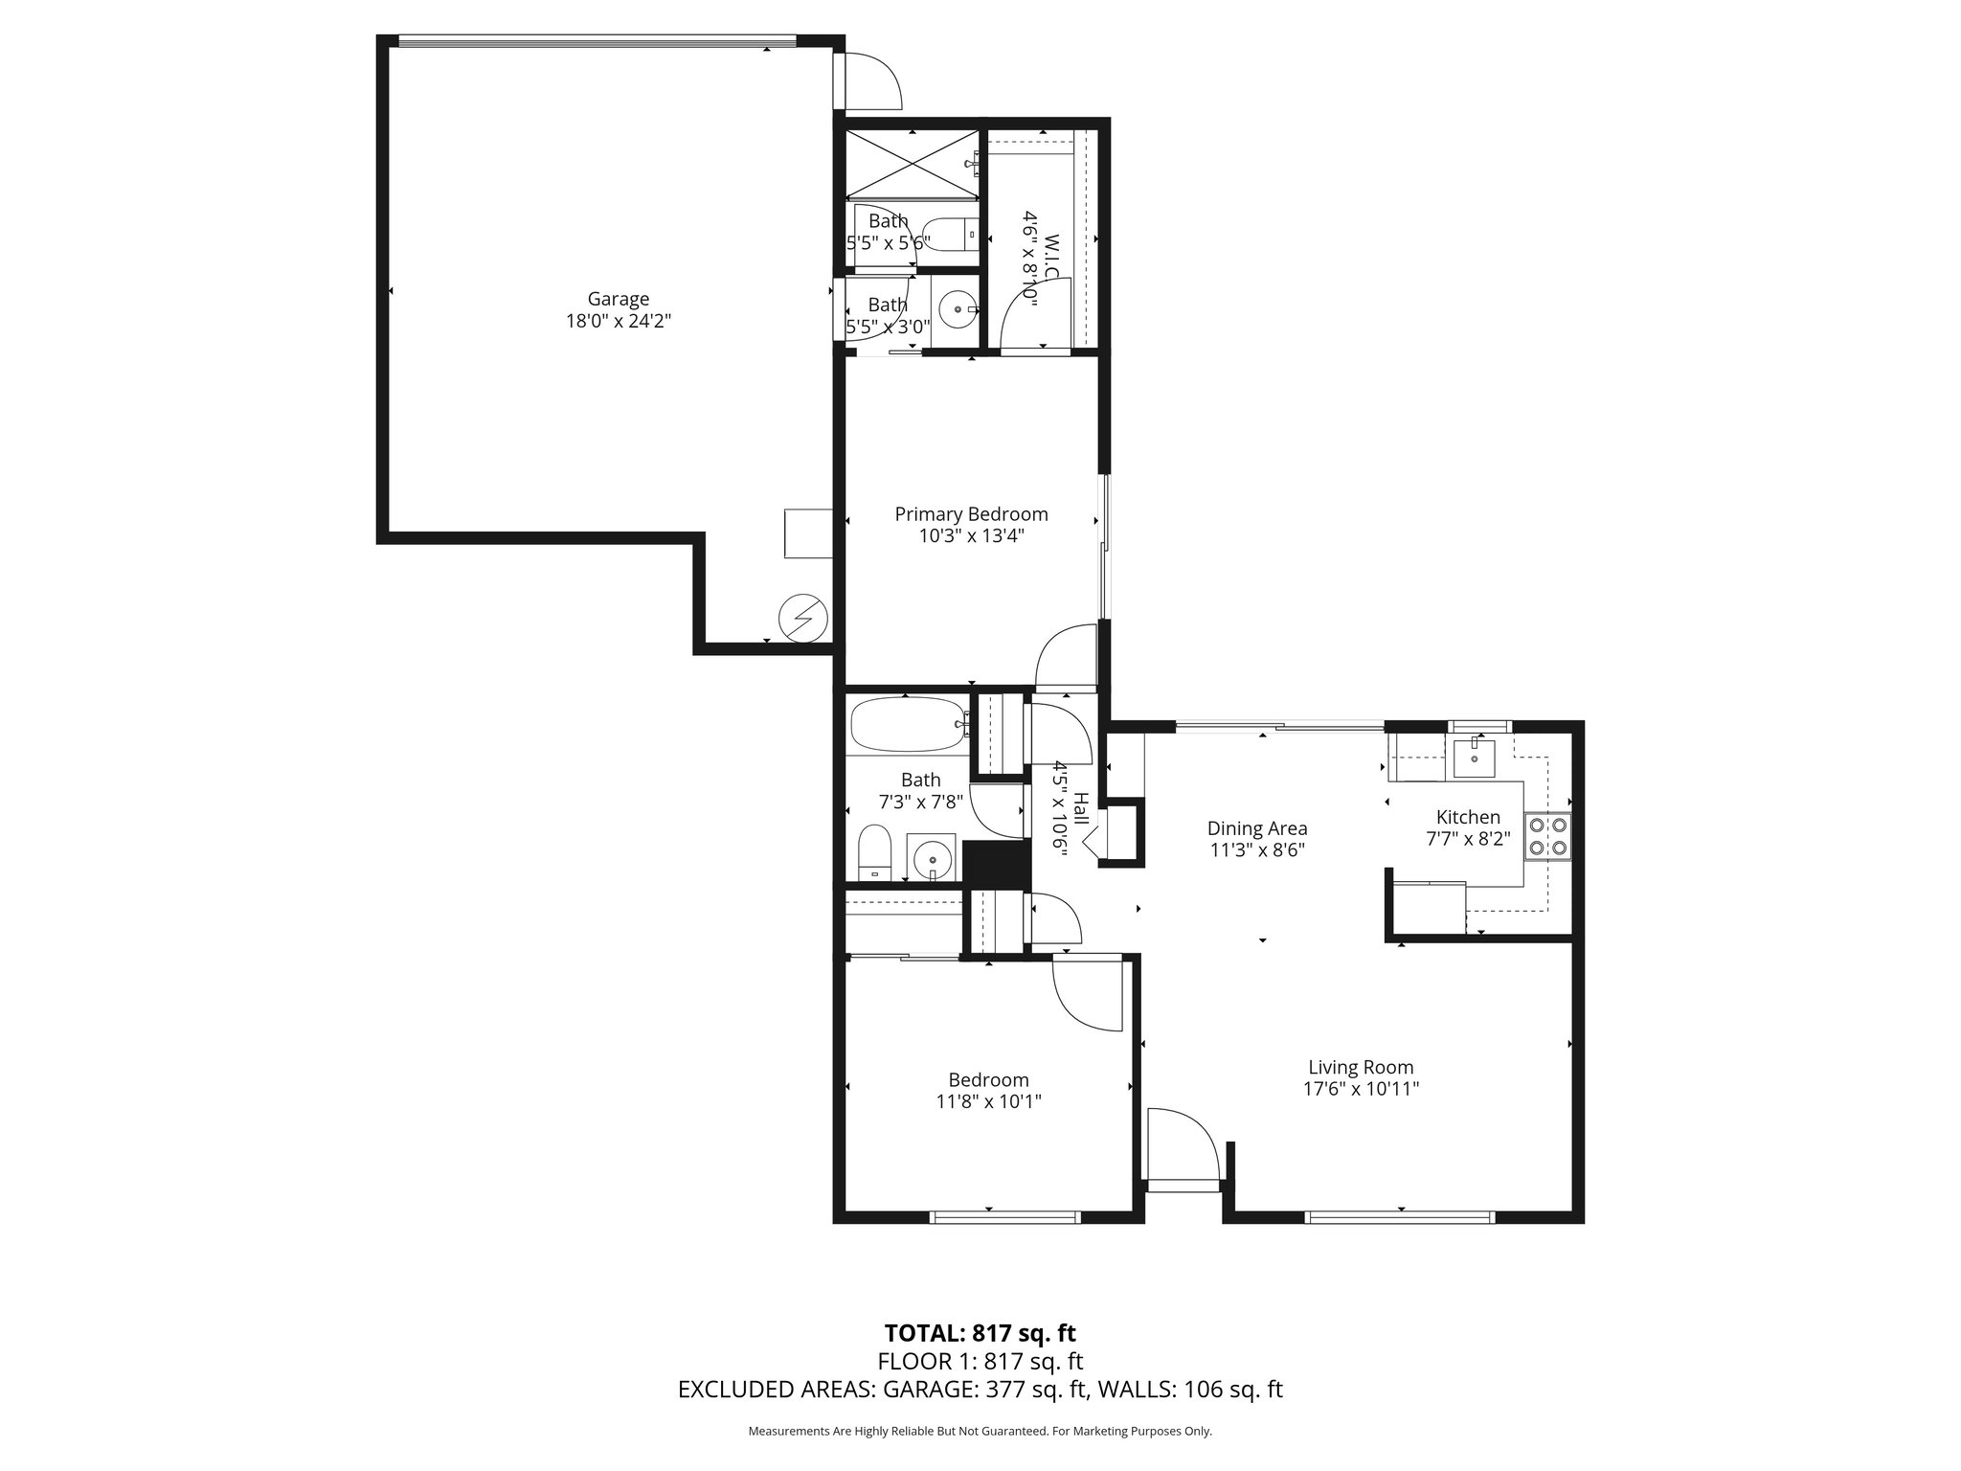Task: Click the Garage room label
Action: click(618, 299)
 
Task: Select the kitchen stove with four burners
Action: click(1547, 835)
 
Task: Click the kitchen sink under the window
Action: click(1473, 758)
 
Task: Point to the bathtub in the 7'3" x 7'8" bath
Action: click(906, 724)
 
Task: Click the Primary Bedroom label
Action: click(971, 514)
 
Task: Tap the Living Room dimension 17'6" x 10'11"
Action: click(1361, 1089)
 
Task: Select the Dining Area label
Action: click(1256, 828)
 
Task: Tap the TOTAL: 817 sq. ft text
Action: click(980, 1333)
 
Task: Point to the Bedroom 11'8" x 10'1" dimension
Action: click(988, 1101)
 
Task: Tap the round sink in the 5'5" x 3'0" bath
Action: click(957, 309)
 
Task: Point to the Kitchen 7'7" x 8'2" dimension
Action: click(1468, 840)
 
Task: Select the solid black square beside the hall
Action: click(995, 863)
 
